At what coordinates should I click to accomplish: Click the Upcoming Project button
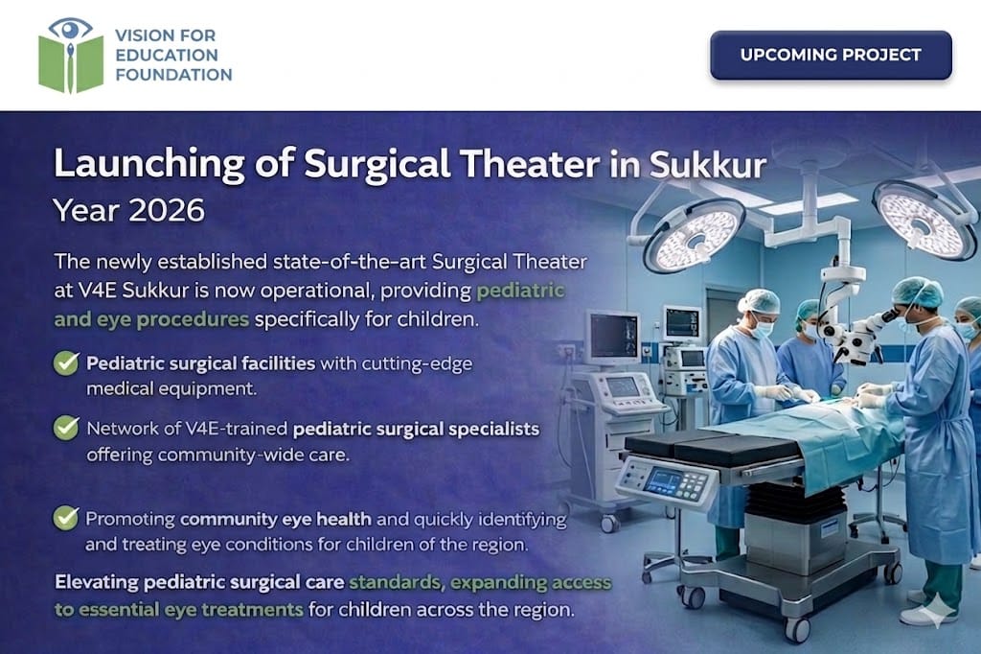point(831,55)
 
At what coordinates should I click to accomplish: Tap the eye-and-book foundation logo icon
point(71,55)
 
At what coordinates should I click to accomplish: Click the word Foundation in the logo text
point(174,75)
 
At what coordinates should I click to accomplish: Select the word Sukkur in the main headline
point(708,164)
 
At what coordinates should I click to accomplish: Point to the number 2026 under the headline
point(167,210)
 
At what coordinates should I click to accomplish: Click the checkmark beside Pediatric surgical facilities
point(66,362)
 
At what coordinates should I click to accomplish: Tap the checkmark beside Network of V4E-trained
point(66,428)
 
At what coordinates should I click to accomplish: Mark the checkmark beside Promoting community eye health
point(66,518)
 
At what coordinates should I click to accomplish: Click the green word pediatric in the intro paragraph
point(520,292)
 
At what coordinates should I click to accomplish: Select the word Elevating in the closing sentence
point(97,583)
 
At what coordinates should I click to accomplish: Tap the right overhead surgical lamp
point(924,220)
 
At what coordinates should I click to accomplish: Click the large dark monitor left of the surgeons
point(614,337)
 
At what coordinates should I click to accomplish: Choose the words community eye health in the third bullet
point(275,520)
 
